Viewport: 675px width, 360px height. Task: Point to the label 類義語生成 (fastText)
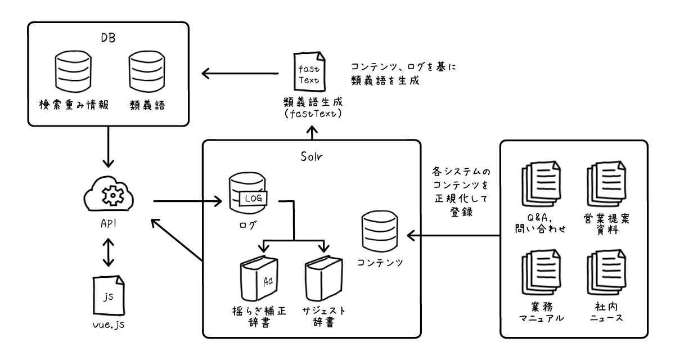point(309,108)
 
